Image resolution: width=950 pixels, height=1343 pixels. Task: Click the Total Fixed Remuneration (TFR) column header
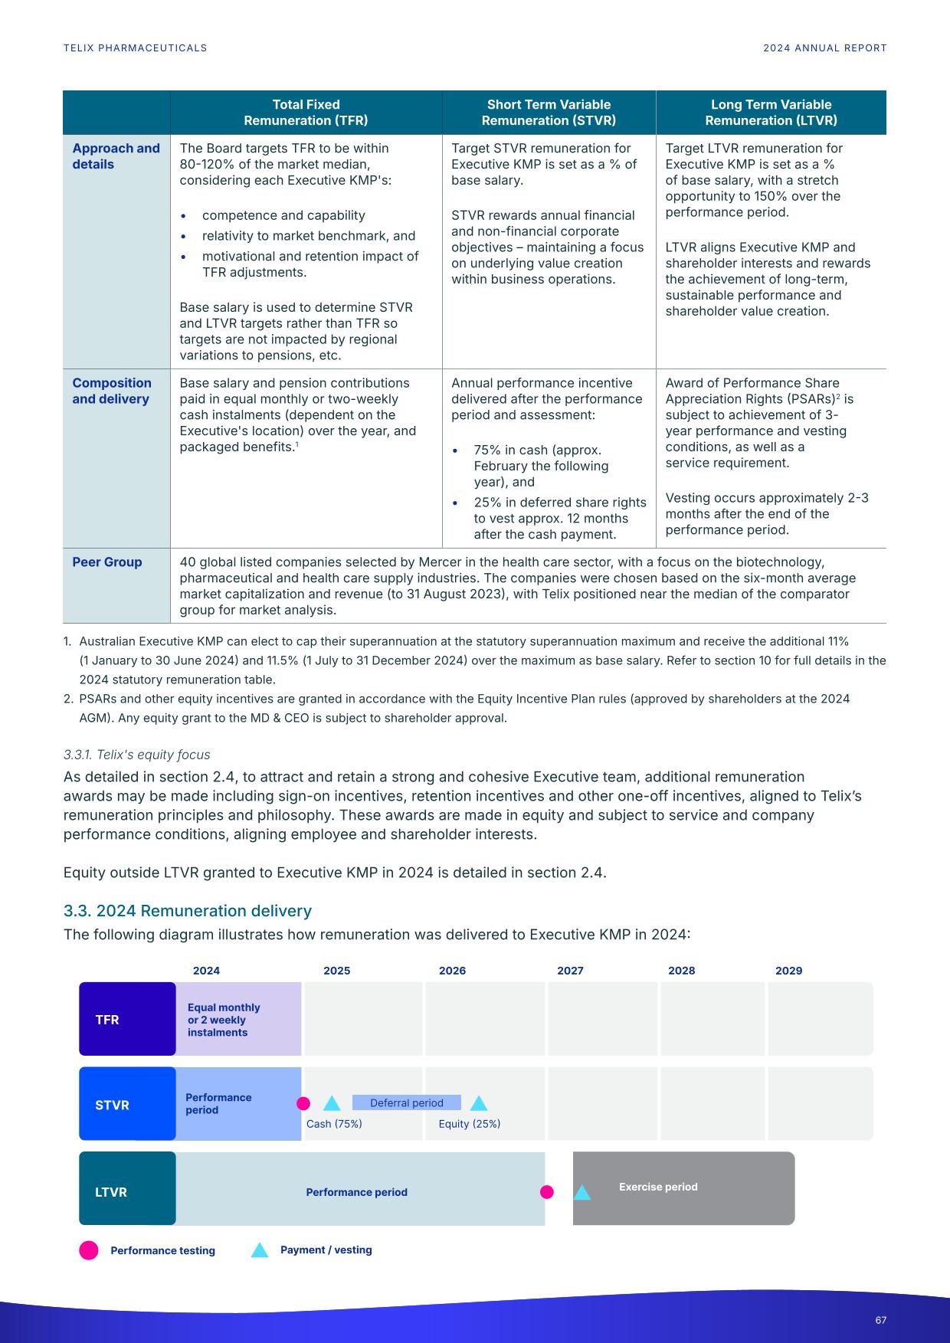click(x=306, y=113)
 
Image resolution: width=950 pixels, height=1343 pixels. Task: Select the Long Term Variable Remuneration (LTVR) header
click(x=771, y=113)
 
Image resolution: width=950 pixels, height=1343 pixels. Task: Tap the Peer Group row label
click(x=107, y=562)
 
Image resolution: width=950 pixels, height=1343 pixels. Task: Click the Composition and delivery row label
click(x=112, y=391)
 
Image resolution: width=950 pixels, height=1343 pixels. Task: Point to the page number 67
click(x=880, y=1320)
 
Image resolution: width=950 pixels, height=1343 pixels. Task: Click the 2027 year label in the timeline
click(x=570, y=971)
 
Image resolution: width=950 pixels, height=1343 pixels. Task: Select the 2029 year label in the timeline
click(x=788, y=971)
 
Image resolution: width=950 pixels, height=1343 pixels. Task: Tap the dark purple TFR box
click(x=127, y=1019)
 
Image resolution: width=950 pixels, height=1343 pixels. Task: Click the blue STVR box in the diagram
click(x=127, y=1104)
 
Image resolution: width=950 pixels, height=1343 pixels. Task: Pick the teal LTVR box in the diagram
click(x=127, y=1188)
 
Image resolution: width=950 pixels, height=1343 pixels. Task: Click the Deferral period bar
click(x=406, y=1103)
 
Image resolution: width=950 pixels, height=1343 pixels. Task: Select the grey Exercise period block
click(x=683, y=1188)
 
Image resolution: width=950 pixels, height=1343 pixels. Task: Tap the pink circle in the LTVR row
click(x=546, y=1192)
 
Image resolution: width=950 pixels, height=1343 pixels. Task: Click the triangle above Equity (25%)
click(x=479, y=1104)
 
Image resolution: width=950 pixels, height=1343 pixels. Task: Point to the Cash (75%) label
click(x=334, y=1124)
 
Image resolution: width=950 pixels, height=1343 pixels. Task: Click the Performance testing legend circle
click(x=89, y=1250)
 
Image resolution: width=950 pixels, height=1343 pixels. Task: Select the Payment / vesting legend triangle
click(x=260, y=1251)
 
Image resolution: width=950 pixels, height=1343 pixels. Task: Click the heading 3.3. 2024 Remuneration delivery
click(x=188, y=911)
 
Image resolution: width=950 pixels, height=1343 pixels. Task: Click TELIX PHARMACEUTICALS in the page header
click(x=135, y=48)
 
